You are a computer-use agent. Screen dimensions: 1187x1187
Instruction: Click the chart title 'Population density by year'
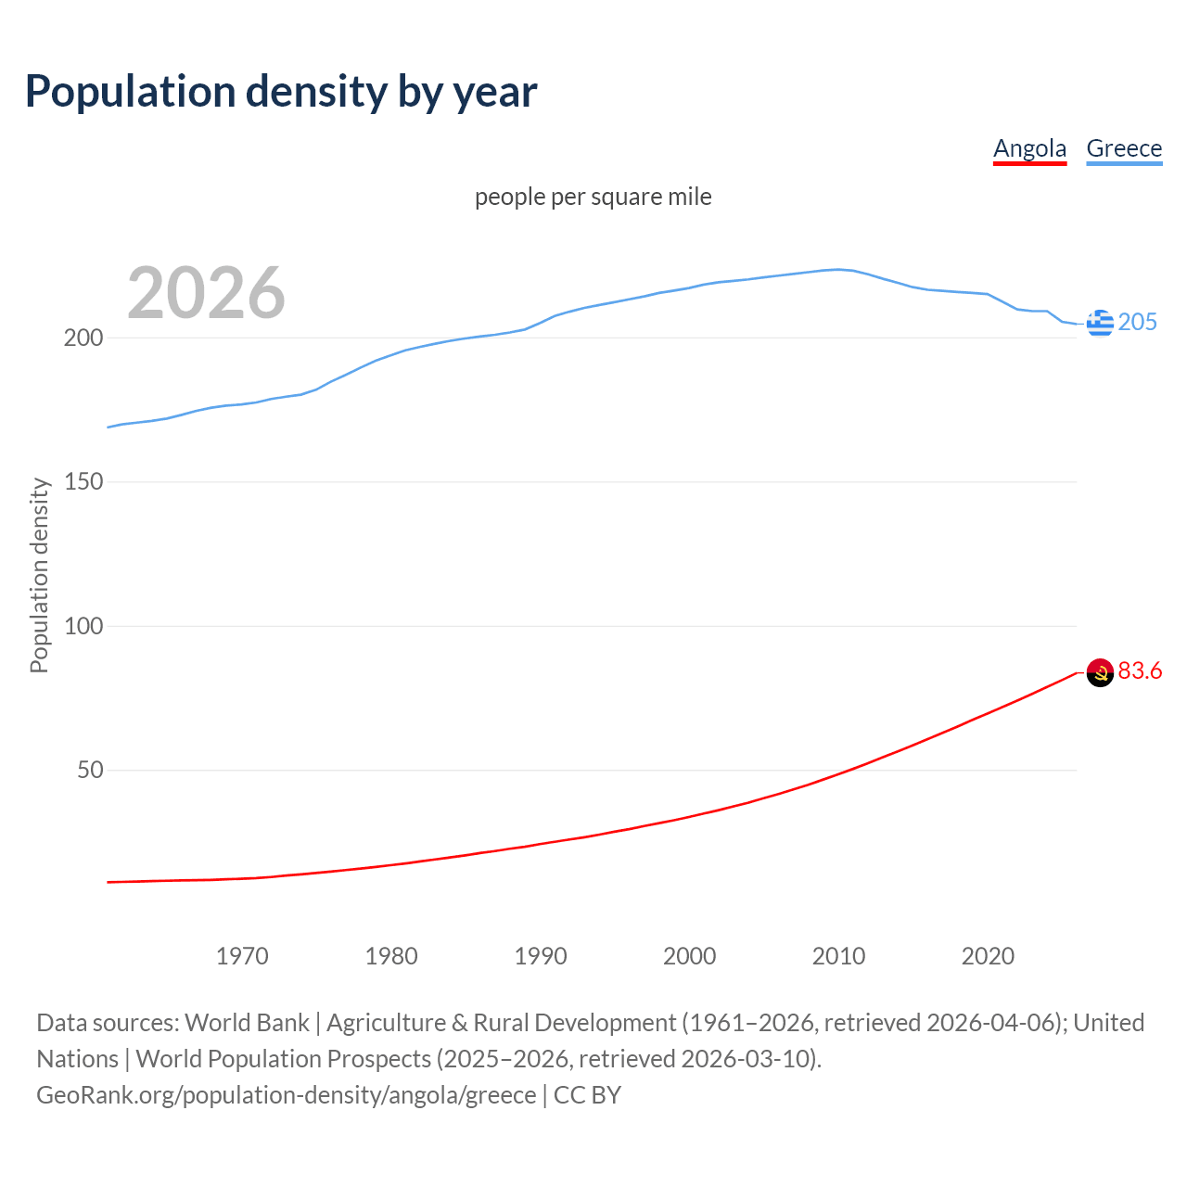click(x=281, y=92)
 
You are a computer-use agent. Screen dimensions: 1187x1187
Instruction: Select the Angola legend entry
click(x=1029, y=148)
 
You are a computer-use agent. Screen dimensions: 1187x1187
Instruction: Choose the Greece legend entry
click(x=1124, y=148)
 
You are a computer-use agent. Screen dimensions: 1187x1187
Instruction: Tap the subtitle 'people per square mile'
click(x=593, y=198)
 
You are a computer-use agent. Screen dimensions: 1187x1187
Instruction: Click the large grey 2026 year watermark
click(x=206, y=293)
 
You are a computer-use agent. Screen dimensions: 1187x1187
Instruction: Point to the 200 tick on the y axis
click(x=83, y=338)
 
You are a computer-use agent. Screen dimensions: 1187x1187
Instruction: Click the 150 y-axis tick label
click(x=83, y=482)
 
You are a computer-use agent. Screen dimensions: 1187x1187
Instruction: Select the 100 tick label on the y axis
click(x=83, y=626)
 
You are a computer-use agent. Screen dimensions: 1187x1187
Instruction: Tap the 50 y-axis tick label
click(x=90, y=771)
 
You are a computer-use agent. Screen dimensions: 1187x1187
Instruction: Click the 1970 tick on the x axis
click(x=242, y=956)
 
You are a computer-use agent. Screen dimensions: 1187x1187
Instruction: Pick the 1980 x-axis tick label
click(x=391, y=956)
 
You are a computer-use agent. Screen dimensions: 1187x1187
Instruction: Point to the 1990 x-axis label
click(x=541, y=956)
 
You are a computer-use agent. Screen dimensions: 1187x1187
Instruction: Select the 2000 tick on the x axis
click(x=690, y=956)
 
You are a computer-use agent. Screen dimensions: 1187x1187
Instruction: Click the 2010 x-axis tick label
click(x=838, y=956)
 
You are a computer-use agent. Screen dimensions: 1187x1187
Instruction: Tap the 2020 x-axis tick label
click(x=988, y=956)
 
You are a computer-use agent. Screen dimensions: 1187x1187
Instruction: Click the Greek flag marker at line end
click(x=1100, y=323)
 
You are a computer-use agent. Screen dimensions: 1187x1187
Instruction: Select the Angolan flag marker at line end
click(x=1100, y=672)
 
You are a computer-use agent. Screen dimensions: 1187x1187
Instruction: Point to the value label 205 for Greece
click(x=1138, y=322)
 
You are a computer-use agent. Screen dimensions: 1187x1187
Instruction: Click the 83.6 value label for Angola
click(x=1140, y=670)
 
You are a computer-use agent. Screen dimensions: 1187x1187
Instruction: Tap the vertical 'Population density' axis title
click(x=39, y=575)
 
